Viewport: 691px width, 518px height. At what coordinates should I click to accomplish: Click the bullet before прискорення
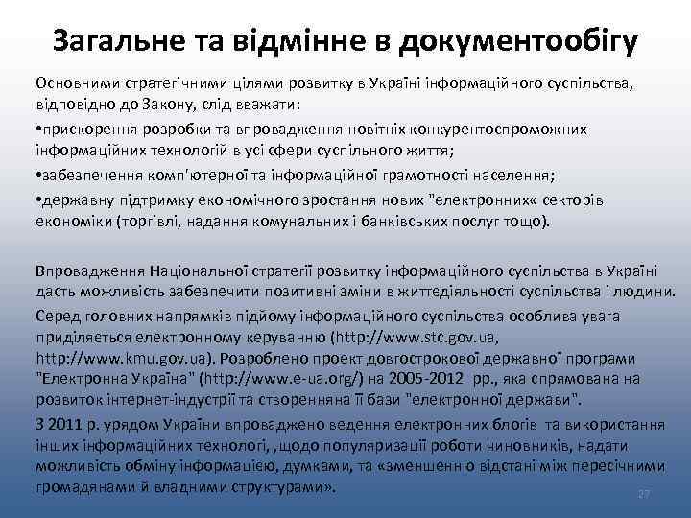[39, 129]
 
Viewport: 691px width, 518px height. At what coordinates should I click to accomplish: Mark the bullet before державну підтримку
[39, 198]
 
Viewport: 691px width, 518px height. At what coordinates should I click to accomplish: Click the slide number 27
[643, 495]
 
